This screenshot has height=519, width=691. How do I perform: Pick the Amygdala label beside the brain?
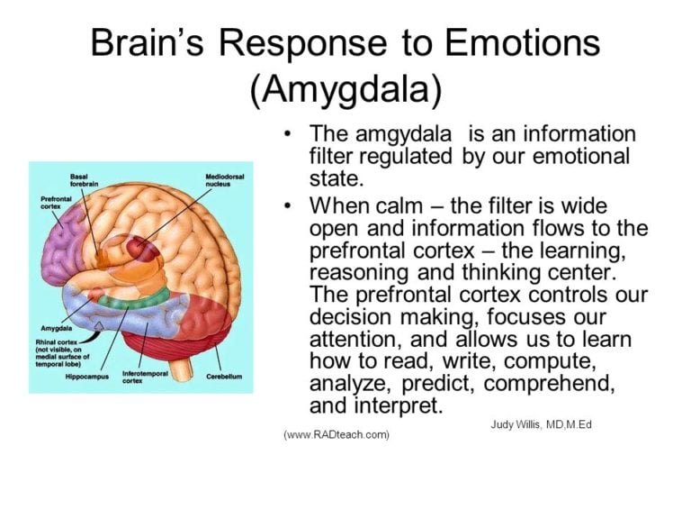pyautogui.click(x=56, y=329)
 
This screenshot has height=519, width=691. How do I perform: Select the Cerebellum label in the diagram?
pyautogui.click(x=223, y=376)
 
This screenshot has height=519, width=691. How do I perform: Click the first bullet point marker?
pyautogui.click(x=287, y=133)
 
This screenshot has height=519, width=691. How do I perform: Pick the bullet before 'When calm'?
pyautogui.click(x=287, y=205)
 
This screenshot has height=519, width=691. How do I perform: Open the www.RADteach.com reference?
pyautogui.click(x=337, y=434)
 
